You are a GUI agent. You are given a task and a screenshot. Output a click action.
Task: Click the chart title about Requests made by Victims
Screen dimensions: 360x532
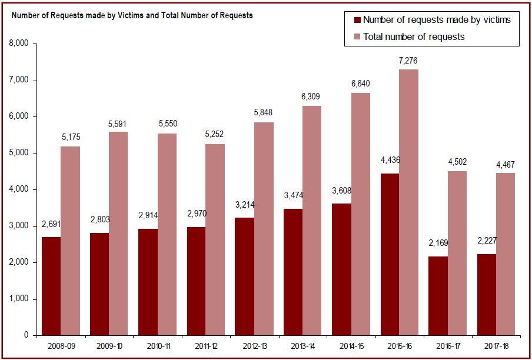pyautogui.click(x=132, y=15)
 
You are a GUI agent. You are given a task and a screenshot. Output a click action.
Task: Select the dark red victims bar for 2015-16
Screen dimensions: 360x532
pyautogui.click(x=390, y=254)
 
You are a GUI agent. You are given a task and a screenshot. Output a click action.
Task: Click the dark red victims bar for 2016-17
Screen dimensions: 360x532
pyautogui.click(x=438, y=296)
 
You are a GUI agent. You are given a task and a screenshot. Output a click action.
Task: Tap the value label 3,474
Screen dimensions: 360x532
pyautogui.click(x=292, y=194)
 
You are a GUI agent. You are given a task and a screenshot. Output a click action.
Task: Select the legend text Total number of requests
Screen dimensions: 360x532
pyautogui.click(x=414, y=37)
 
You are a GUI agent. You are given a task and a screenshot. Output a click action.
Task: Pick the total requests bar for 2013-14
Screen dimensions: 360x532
pyautogui.click(x=312, y=221)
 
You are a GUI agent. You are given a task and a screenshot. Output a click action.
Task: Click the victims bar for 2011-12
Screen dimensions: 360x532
pyautogui.click(x=197, y=281)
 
